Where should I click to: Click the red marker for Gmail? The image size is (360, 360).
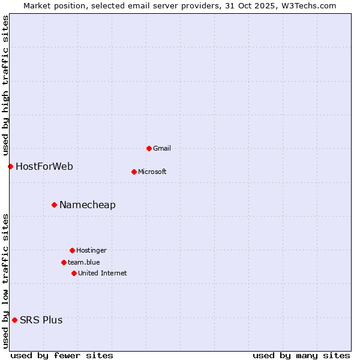pos(149,148)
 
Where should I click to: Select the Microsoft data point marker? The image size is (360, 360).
pos(134,172)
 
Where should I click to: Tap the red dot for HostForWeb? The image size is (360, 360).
pos(10,166)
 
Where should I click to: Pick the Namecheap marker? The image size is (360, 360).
pos(54,205)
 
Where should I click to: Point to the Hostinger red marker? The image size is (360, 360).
pos(72,250)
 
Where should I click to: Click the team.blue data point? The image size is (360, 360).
pos(64,262)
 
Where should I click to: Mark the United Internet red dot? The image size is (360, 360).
pos(74,273)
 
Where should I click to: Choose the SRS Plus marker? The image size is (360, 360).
pos(14,320)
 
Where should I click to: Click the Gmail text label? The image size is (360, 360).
pos(162,148)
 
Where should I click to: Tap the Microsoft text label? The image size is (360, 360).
pos(152,172)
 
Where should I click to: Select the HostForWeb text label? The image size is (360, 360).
pos(44,166)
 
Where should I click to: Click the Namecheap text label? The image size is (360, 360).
pos(88,205)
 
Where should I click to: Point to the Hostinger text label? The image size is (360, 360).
pos(91,250)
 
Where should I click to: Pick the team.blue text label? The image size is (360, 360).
pos(84,262)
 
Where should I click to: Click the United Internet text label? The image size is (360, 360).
pos(103,273)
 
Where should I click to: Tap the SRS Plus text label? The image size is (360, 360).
pos(41,320)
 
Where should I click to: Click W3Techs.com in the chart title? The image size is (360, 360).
pos(310,5)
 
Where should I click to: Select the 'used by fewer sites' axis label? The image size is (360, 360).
pos(62,355)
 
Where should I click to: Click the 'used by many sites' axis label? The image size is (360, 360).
pos(301,355)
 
